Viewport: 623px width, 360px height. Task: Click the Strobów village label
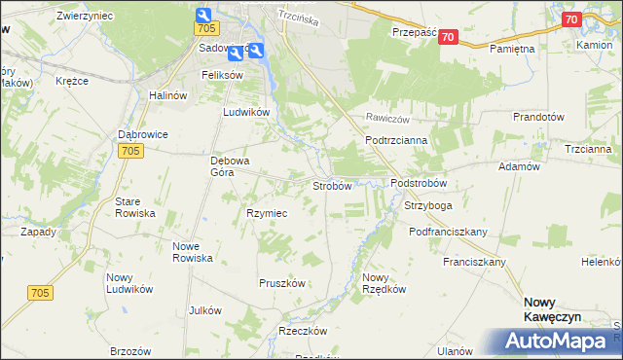[331, 186]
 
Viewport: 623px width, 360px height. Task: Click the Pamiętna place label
[513, 48]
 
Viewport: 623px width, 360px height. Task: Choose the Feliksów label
[221, 74]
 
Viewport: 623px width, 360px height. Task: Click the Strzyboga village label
[428, 206]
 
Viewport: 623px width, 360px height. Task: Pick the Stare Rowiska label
[135, 207]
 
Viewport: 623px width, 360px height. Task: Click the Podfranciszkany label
[448, 232]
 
